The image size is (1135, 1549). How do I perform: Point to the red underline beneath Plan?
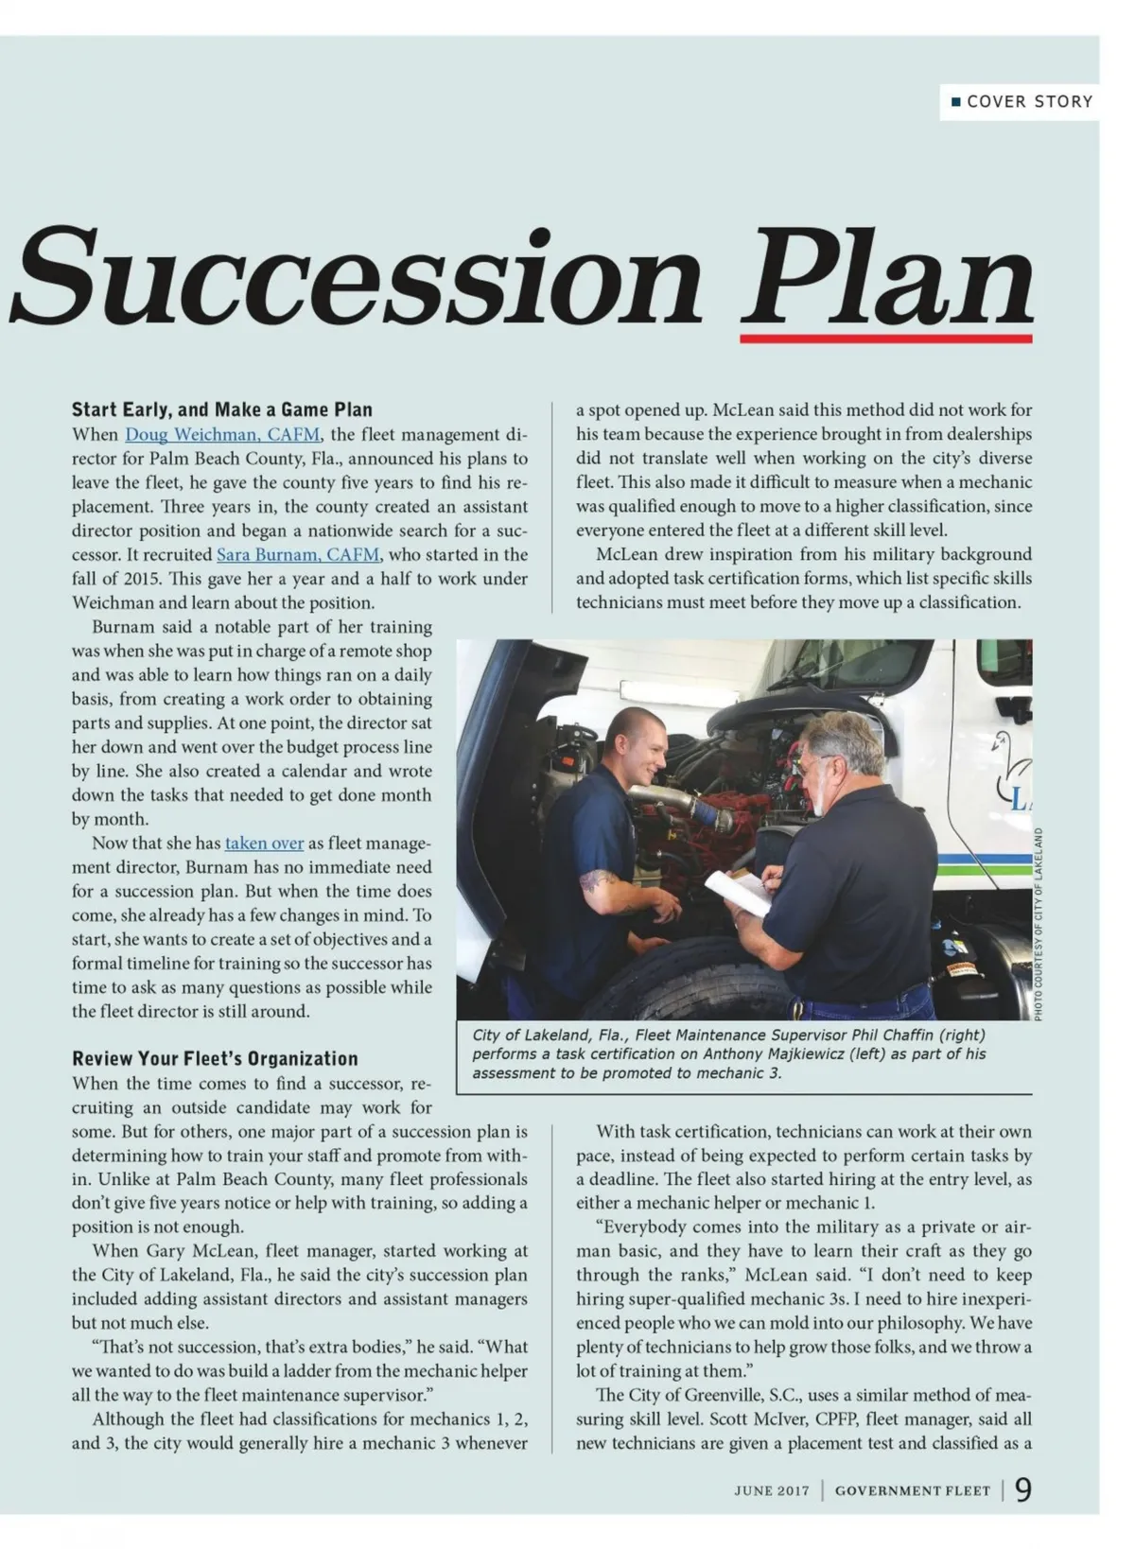[886, 339]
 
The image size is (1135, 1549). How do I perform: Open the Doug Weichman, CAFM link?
[222, 435]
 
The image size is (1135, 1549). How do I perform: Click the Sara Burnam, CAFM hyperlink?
[298, 555]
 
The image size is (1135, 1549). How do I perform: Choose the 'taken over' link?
[264, 844]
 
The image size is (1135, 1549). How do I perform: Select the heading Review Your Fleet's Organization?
[215, 1058]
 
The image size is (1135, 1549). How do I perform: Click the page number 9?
[1022, 1490]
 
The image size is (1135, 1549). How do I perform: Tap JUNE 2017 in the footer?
[772, 1491]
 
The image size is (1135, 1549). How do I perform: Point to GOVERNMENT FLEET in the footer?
[912, 1491]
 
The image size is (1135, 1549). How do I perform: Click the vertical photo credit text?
[1038, 923]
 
